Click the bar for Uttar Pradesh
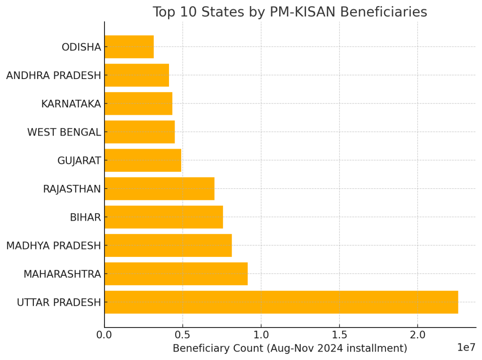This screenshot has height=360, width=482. click(x=281, y=302)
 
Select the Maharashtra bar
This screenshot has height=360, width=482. click(x=176, y=274)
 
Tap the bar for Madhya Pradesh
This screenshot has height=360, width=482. click(x=168, y=245)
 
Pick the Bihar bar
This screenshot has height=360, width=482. click(x=163, y=217)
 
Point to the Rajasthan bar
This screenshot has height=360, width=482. click(x=159, y=189)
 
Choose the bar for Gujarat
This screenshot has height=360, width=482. click(x=143, y=160)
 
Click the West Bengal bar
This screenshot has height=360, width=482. click(x=139, y=132)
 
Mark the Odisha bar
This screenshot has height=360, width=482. click(x=129, y=47)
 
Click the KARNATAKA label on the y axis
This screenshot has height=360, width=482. click(x=71, y=104)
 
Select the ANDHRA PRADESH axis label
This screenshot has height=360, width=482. click(x=54, y=75)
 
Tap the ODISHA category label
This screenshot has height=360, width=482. click(x=81, y=47)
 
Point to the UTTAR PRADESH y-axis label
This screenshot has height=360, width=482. click(x=59, y=303)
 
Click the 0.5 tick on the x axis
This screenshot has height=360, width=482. click(x=183, y=335)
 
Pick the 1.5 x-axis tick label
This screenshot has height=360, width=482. click(x=339, y=335)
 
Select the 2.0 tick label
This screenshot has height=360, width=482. click(x=417, y=335)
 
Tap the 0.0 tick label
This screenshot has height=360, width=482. click(x=104, y=335)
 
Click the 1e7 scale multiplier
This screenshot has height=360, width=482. click(x=466, y=348)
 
